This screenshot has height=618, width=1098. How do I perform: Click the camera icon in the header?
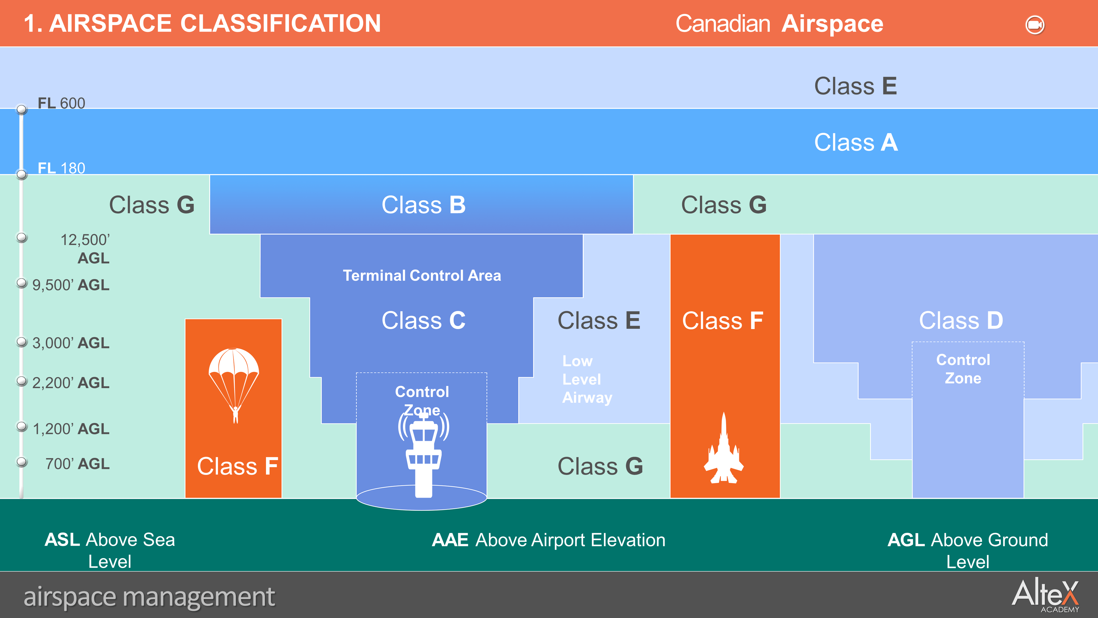click(1035, 25)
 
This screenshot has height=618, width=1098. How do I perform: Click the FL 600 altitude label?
click(61, 103)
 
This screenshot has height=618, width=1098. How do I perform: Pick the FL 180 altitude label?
click(61, 168)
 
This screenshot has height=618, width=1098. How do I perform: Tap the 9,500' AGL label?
click(71, 285)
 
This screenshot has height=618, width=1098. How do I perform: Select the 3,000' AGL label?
click(71, 343)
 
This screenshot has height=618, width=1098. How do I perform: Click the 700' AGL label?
click(77, 464)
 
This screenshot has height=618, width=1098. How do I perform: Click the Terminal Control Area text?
click(422, 275)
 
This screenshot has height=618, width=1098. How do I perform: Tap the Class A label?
click(856, 143)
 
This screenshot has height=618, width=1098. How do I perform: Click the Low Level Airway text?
click(587, 379)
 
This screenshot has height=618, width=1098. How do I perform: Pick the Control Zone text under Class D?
click(963, 369)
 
